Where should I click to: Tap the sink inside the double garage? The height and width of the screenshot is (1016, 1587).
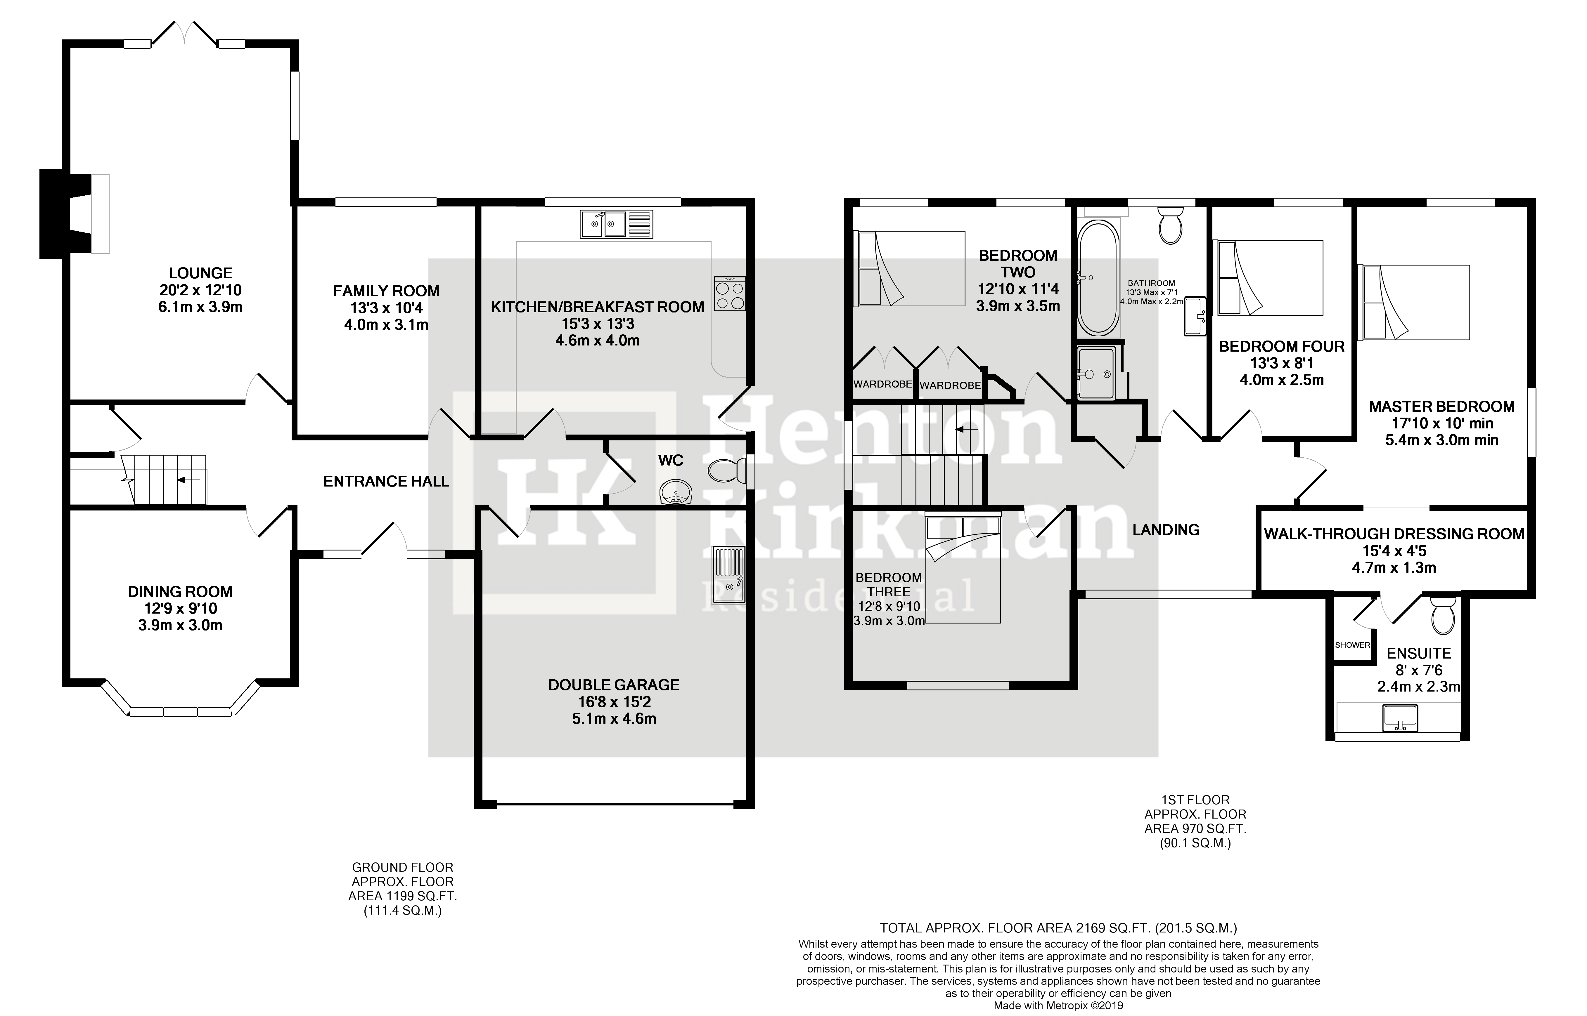728,574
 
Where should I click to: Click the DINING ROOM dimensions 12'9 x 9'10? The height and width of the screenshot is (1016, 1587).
179,608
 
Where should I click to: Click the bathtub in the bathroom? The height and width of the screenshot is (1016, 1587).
1097,278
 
